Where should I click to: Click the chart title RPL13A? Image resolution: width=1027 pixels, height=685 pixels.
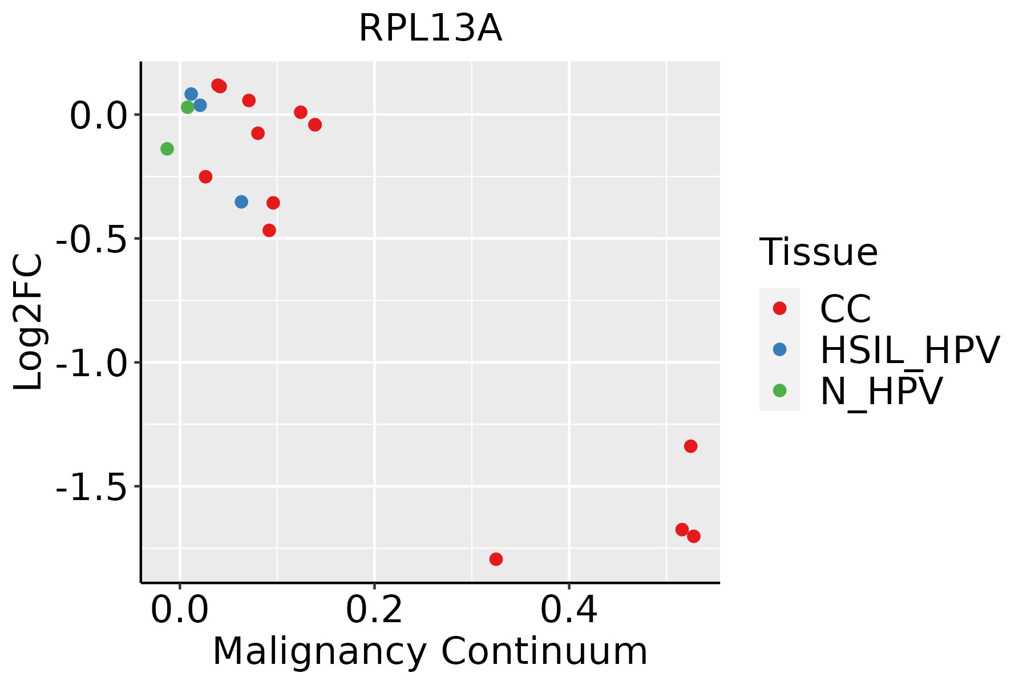pyautogui.click(x=430, y=29)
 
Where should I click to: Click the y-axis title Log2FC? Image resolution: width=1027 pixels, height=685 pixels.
pyautogui.click(x=29, y=323)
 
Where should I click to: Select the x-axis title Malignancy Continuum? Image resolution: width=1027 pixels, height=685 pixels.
pyautogui.click(x=430, y=651)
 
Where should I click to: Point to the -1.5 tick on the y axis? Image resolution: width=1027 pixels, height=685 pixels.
pyautogui.click(x=91, y=487)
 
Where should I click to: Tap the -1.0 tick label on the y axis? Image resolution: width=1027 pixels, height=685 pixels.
pyautogui.click(x=91, y=363)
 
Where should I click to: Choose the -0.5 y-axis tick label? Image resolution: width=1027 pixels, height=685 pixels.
pyautogui.click(x=91, y=239)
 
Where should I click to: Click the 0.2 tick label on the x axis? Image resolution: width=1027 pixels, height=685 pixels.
pyautogui.click(x=374, y=610)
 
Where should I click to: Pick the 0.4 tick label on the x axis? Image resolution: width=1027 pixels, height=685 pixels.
pyautogui.click(x=569, y=610)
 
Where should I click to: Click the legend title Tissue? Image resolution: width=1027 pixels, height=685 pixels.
pyautogui.click(x=818, y=252)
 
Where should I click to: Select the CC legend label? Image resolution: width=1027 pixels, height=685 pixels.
pyautogui.click(x=846, y=309)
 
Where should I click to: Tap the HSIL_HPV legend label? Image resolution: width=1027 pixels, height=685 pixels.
pyautogui.click(x=909, y=350)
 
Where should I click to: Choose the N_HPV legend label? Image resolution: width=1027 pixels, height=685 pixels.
pyautogui.click(x=881, y=391)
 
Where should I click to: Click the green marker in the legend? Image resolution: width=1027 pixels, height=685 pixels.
pyautogui.click(x=779, y=390)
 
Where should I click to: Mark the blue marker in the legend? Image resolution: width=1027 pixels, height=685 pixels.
pyautogui.click(x=779, y=349)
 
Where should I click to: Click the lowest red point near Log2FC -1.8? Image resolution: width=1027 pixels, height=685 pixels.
pyautogui.click(x=496, y=559)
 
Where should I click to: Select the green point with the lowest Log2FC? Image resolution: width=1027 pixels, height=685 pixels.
pyautogui.click(x=167, y=149)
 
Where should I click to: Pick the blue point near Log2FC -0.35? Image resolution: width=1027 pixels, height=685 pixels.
pyautogui.click(x=241, y=202)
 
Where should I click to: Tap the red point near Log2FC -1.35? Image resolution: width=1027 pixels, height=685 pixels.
pyautogui.click(x=690, y=446)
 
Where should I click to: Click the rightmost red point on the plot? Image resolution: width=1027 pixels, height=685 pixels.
pyautogui.click(x=694, y=536)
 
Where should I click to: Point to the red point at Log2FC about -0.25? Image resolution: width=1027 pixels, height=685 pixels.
pyautogui.click(x=205, y=176)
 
